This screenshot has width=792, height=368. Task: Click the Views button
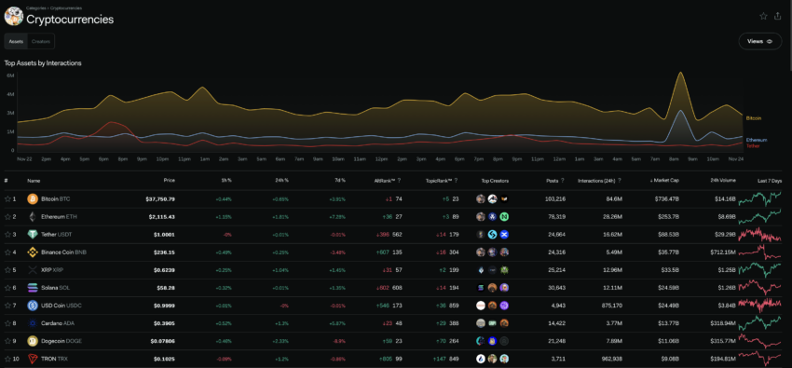pyautogui.click(x=760, y=41)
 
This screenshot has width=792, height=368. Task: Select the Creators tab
pyautogui.click(x=41, y=41)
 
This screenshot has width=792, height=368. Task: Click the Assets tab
pyautogui.click(x=16, y=41)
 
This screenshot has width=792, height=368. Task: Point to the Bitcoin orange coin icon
pyautogui.click(x=32, y=198)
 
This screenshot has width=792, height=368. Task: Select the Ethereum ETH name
pyautogui.click(x=59, y=216)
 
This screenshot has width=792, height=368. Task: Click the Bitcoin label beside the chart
pyautogui.click(x=754, y=118)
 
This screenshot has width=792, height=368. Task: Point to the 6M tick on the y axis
pyautogui.click(x=9, y=75)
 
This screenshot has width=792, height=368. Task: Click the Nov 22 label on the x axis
pyautogui.click(x=25, y=158)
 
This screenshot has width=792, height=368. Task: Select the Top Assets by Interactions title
pyautogui.click(x=43, y=62)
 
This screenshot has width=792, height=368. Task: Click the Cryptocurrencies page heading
pyautogui.click(x=70, y=19)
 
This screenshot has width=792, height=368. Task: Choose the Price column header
pyautogui.click(x=169, y=180)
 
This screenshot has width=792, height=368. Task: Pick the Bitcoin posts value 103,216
pyautogui.click(x=553, y=198)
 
